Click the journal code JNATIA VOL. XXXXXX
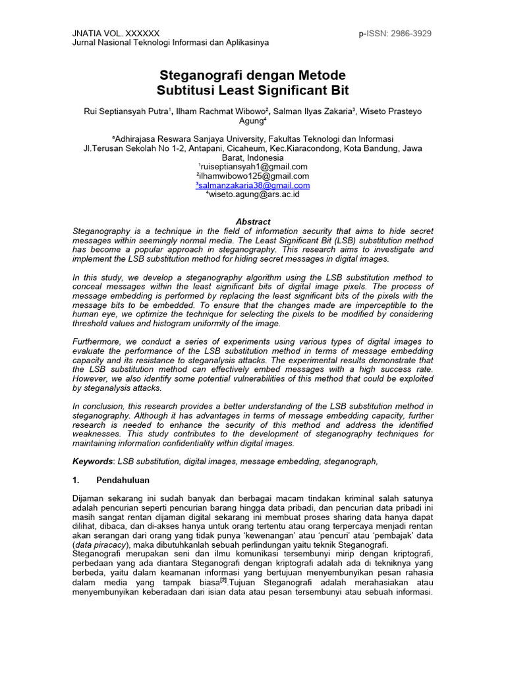click(115, 34)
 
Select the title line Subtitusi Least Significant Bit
click(253, 90)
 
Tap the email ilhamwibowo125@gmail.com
click(253, 177)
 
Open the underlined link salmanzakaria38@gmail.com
click(254, 186)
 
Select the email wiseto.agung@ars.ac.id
click(254, 195)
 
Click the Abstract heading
click(253, 222)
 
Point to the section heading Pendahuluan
click(123, 481)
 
